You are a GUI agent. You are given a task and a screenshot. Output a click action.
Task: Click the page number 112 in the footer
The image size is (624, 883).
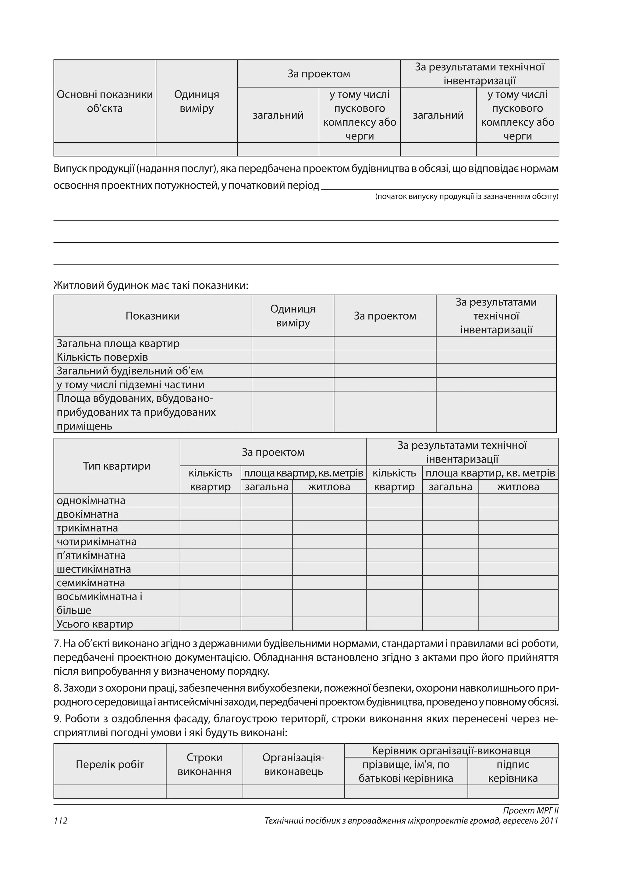click(x=61, y=821)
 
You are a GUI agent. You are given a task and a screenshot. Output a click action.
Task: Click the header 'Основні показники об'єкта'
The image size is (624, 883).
click(x=105, y=102)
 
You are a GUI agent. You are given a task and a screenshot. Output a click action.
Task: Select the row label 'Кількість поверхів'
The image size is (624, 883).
click(x=102, y=357)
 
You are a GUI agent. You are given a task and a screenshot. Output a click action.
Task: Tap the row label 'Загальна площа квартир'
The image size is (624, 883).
click(x=118, y=343)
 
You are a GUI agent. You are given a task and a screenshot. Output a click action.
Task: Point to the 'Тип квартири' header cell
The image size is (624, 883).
click(x=116, y=466)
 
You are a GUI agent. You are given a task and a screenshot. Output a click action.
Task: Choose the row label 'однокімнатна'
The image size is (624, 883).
click(x=91, y=501)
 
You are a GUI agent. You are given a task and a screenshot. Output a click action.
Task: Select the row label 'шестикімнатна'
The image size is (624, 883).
click(x=94, y=569)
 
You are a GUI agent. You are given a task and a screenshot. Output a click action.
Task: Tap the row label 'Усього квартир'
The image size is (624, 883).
click(x=95, y=624)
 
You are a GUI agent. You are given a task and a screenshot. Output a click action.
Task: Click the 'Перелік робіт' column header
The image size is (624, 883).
click(x=110, y=765)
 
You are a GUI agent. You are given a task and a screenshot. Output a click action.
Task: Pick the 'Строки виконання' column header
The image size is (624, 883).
click(x=204, y=765)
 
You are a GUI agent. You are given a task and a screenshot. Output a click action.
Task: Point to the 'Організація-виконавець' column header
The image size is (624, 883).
click(x=293, y=765)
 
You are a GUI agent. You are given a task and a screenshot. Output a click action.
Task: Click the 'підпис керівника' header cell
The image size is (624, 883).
click(x=513, y=771)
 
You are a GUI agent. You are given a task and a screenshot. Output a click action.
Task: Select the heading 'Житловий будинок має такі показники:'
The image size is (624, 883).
click(x=151, y=286)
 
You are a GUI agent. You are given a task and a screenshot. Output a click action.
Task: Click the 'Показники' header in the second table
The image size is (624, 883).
click(x=153, y=316)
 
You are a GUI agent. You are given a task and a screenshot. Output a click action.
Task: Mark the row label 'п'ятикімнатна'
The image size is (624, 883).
click(x=91, y=555)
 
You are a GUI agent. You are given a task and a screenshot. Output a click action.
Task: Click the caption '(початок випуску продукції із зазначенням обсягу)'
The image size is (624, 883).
click(x=466, y=197)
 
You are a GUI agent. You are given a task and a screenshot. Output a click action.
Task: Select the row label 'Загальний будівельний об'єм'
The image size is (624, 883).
click(x=130, y=371)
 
